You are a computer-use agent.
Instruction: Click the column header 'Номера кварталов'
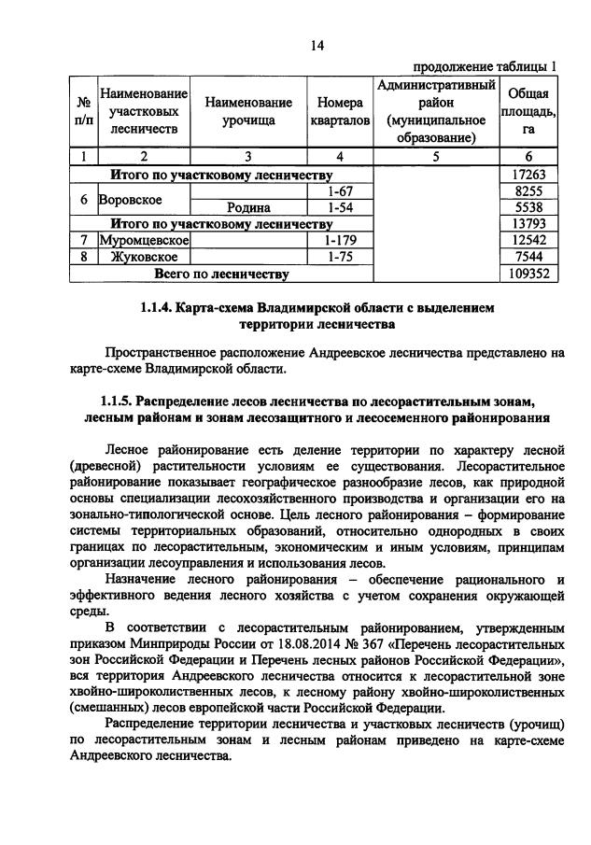(340, 112)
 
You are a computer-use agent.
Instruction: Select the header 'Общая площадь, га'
(528, 112)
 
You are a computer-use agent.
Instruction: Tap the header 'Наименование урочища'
(248, 112)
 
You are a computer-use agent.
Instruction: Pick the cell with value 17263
(528, 174)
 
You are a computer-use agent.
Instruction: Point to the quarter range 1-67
(340, 190)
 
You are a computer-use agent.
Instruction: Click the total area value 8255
(528, 190)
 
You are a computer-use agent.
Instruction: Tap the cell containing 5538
(528, 207)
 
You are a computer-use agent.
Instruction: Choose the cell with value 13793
(528, 224)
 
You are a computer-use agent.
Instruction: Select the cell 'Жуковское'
(140, 258)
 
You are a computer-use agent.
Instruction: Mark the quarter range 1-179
(340, 241)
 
